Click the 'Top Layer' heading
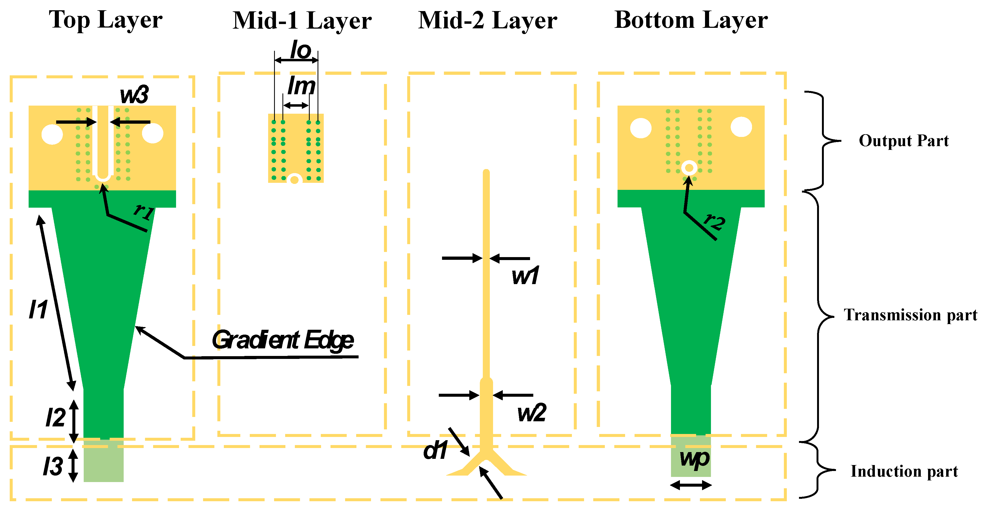106,20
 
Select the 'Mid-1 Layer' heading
302,21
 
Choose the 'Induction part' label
904,471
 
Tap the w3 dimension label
134,95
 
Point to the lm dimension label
301,86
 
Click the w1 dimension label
525,275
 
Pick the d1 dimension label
435,450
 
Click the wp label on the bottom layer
694,459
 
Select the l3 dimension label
53,466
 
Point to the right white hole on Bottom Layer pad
741,127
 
